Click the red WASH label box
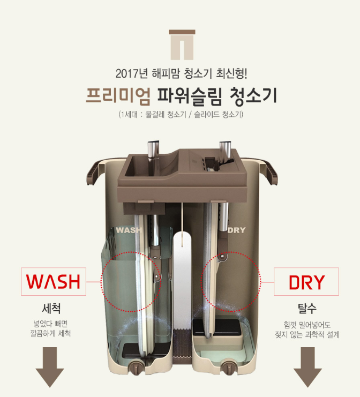54,281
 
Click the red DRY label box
306,282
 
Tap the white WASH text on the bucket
129,230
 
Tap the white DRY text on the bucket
236,230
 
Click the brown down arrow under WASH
50,367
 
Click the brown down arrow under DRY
308,367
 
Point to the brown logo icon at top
182,45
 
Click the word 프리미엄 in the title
118,96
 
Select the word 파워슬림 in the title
189,96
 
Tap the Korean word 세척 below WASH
51,309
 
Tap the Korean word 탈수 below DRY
307,309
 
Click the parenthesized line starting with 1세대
181,115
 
